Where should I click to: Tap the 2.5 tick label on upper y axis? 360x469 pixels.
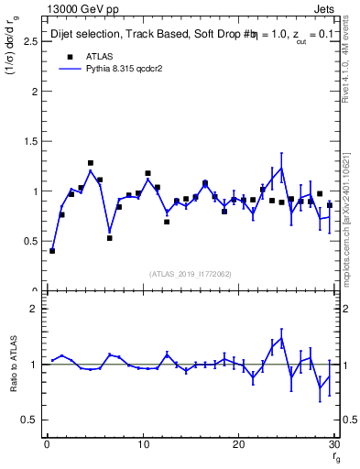click(29, 42)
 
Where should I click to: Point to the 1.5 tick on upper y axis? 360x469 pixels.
click(29, 142)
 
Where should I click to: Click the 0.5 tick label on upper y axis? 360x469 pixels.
click(29, 242)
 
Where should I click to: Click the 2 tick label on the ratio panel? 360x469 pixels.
click(33, 309)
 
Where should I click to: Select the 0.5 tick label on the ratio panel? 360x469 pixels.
click(29, 420)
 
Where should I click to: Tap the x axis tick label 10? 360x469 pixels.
click(142, 445)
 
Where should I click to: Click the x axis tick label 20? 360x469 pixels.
click(238, 445)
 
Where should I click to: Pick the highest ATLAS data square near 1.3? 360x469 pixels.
click(91, 163)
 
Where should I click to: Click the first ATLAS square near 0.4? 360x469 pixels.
click(52, 250)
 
